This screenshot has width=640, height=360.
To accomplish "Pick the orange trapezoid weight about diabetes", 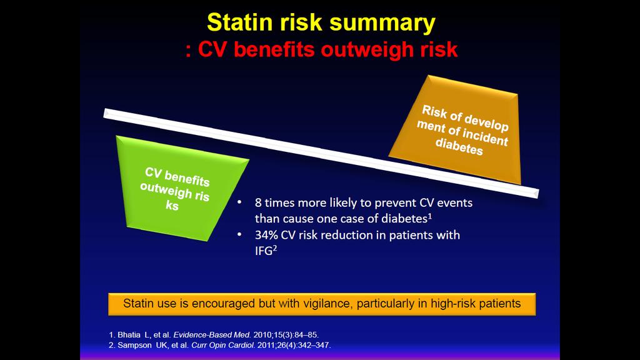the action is pyautogui.click(x=455, y=129).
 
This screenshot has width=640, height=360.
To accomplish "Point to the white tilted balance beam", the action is pyautogui.click(x=321, y=153).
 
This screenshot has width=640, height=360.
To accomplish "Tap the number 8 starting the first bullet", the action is pyautogui.click(x=258, y=203).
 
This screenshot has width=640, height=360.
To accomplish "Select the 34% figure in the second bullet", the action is pyautogui.click(x=266, y=235).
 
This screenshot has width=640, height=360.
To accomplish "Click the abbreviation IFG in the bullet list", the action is pyautogui.click(x=263, y=251).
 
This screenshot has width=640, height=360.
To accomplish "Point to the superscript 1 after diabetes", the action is pyautogui.click(x=430, y=216).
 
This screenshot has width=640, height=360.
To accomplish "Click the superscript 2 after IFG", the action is pyautogui.click(x=275, y=248).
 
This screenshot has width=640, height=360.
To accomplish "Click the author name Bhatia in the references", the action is pyautogui.click(x=129, y=335).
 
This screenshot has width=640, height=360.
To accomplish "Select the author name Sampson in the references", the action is pyautogui.click(x=134, y=345).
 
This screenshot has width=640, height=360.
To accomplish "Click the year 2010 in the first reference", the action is pyautogui.click(x=261, y=335).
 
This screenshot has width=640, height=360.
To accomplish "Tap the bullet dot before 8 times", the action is pyautogui.click(x=239, y=202).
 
